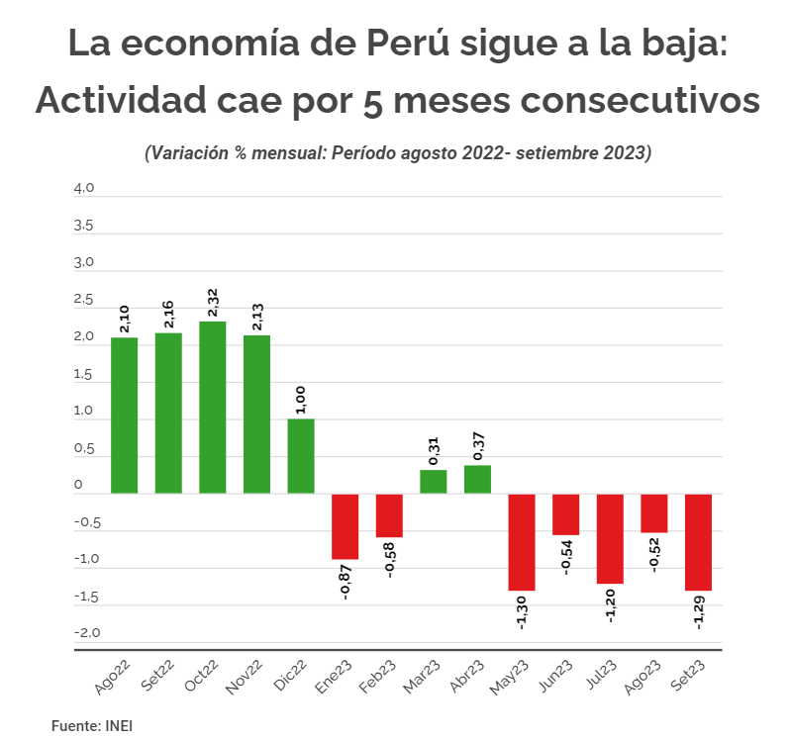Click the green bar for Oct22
pos(212,407)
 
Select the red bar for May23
pos(522,541)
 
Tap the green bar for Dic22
pos(301,455)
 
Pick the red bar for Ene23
pos(345,525)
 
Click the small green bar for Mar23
pos(433,481)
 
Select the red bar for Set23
pos(698,541)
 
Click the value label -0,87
pos(345,581)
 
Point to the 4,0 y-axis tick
pos(83,188)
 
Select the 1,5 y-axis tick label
pos(83,374)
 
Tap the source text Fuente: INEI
pos(92,725)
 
